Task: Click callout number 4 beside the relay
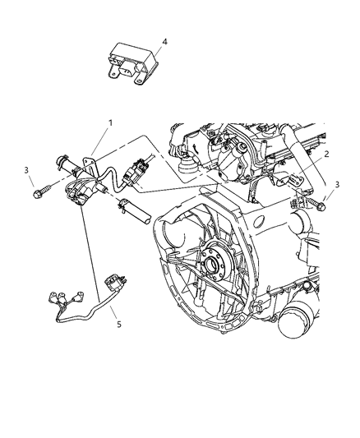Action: pos(164,42)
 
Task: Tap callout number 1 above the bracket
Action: pos(111,123)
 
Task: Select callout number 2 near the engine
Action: pos(326,154)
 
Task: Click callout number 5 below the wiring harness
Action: pos(119,325)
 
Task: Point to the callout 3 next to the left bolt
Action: pos(26,170)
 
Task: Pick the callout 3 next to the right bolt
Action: pos(337,184)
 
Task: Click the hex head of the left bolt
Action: pos(38,194)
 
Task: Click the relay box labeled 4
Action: pos(132,62)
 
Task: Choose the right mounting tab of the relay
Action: pos(139,80)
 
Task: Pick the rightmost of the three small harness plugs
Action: pos(80,296)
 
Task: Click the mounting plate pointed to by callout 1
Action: pos(89,166)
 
